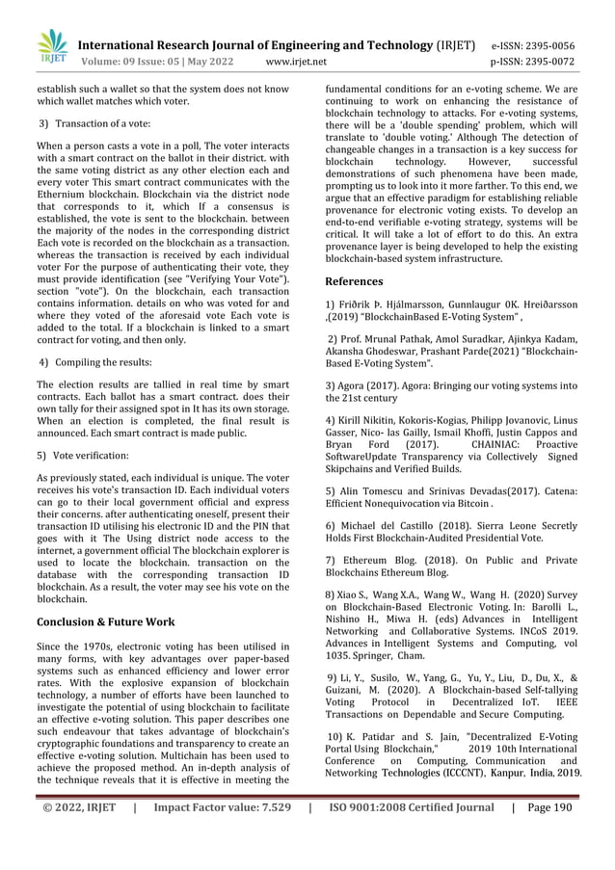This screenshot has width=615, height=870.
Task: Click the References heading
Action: point(354,281)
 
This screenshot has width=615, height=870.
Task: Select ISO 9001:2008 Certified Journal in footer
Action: point(411,835)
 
